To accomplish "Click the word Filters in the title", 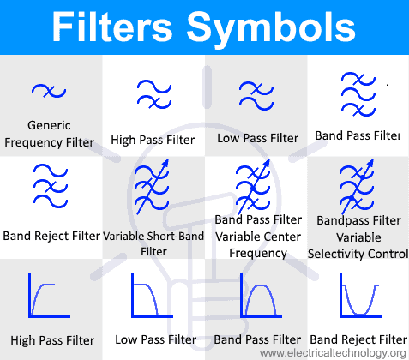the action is click(112, 27).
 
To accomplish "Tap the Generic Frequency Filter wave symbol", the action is click(49, 91).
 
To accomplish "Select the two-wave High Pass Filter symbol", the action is click(154, 94).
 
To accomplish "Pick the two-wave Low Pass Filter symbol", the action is click(256, 96).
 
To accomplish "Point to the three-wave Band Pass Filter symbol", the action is click(358, 94).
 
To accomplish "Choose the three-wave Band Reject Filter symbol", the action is click(51, 186).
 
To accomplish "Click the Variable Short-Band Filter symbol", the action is click(152, 187).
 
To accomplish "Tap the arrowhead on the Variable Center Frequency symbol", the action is click(266, 163).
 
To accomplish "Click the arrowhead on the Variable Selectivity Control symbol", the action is click(370, 163).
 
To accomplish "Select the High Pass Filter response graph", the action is click(49, 296).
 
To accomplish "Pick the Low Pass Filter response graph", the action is click(152, 296).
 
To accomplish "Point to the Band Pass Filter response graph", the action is click(261, 296).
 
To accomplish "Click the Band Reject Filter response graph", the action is click(360, 296).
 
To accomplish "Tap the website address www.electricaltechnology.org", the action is click(333, 353).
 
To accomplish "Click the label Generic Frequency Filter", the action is click(49, 134).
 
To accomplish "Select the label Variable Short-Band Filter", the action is click(153, 243).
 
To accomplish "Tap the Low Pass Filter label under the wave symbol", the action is click(257, 138).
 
